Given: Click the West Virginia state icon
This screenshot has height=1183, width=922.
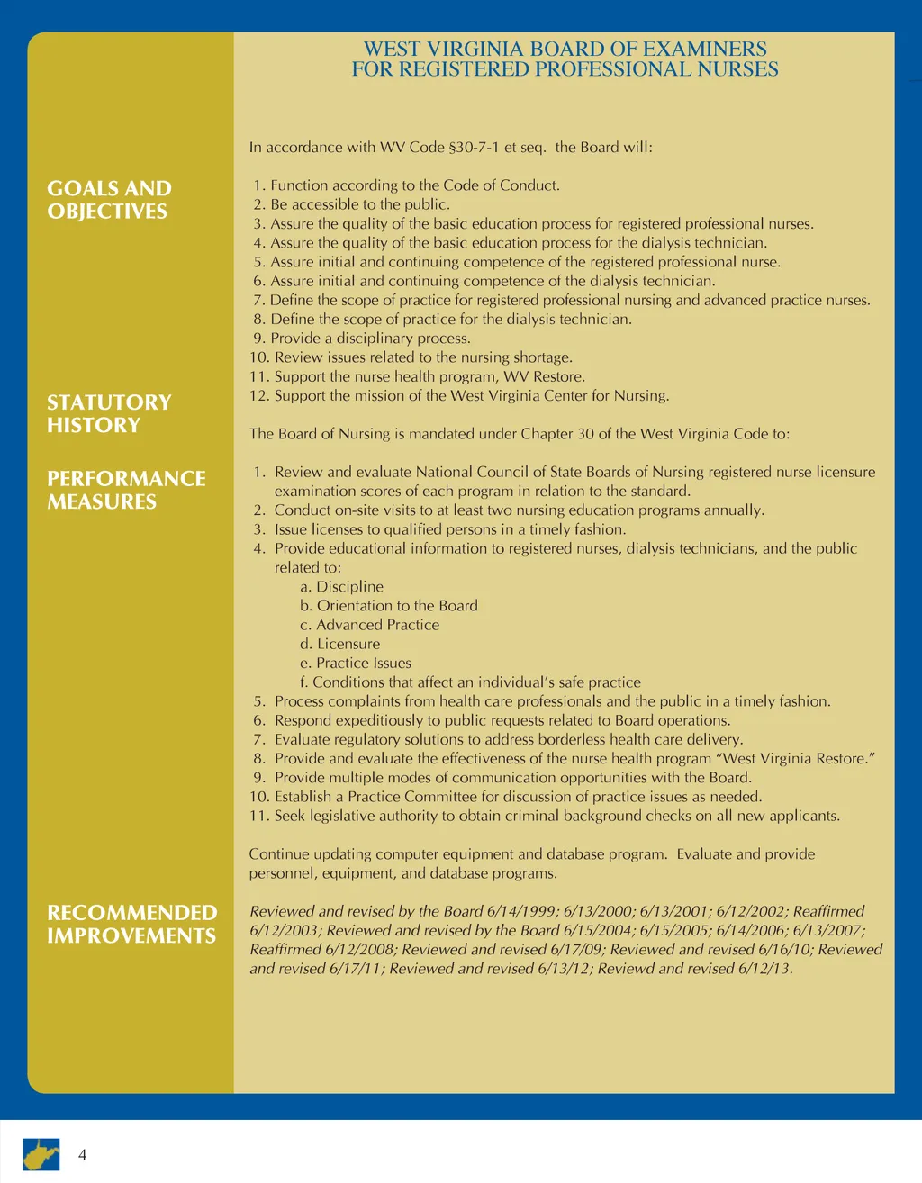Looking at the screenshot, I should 41,1153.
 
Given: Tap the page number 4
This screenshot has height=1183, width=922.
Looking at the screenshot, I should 83,1155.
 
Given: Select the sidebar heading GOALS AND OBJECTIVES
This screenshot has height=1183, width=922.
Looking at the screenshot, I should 108,200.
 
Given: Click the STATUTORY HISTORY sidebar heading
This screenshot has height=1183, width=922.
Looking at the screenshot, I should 108,413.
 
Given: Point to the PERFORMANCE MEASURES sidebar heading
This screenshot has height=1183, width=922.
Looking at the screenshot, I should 126,490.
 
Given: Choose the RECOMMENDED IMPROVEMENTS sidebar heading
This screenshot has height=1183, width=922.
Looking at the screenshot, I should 131,924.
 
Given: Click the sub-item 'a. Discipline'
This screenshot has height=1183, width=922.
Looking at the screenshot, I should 342,587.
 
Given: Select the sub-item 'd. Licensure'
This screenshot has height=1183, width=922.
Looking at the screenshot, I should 340,644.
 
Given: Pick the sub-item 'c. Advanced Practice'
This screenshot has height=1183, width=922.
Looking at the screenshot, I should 370,625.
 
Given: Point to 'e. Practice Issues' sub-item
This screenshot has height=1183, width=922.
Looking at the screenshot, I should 356,664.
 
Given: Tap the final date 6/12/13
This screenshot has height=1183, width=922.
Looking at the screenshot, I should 764,969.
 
